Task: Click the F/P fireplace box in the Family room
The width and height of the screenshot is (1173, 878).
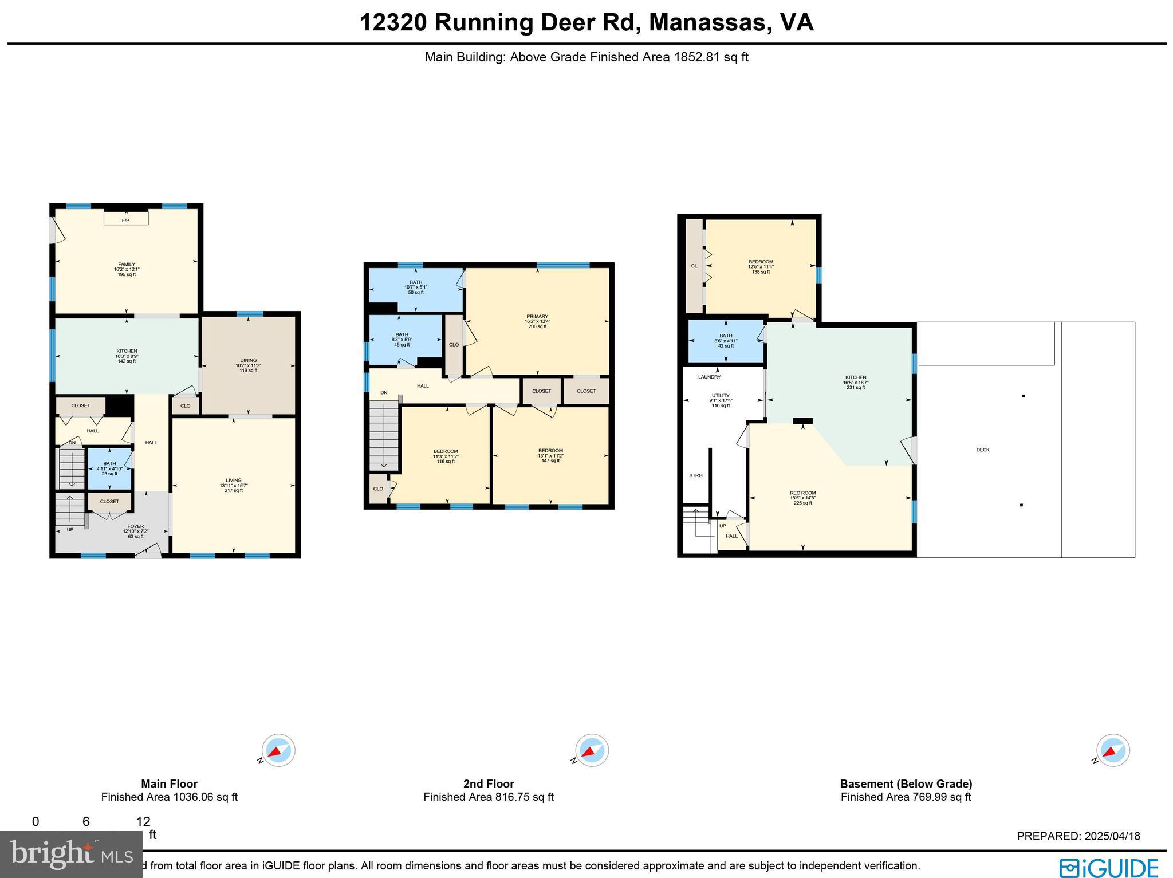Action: point(126,218)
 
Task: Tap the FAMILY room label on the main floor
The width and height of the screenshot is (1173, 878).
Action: point(127,265)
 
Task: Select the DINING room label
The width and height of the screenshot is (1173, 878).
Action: point(248,360)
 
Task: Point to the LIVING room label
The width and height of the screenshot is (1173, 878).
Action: point(234,480)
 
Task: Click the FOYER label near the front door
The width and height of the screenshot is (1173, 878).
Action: point(135,526)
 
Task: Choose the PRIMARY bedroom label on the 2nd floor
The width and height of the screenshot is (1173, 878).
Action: point(537,316)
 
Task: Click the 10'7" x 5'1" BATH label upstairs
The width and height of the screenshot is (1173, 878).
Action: point(415,282)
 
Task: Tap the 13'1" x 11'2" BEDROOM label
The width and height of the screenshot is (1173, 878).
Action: point(550,451)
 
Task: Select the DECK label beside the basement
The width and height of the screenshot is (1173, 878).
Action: point(983,450)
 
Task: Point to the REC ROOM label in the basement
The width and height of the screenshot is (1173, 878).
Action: point(802,493)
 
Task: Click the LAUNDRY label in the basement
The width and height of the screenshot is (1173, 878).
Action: point(709,377)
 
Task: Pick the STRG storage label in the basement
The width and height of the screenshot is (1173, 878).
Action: point(695,475)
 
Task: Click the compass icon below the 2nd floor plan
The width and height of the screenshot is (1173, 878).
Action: point(592,750)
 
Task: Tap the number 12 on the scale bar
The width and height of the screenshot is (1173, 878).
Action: point(143,821)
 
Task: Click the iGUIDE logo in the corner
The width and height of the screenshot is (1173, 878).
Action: point(1108,867)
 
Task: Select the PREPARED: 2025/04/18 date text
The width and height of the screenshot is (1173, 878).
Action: point(1078,836)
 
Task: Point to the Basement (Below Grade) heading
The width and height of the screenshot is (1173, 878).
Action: point(906,783)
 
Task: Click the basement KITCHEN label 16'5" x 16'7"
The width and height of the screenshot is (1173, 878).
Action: point(855,378)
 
